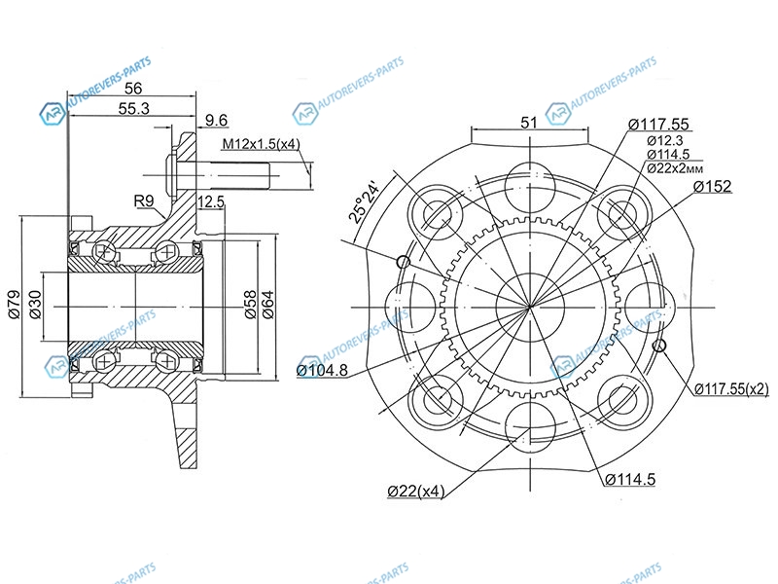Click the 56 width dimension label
(x=133, y=88)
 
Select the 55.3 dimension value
(x=133, y=108)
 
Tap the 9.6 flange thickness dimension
(x=216, y=120)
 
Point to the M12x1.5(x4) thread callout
(x=261, y=144)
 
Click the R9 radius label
(x=144, y=201)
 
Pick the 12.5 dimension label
(x=211, y=202)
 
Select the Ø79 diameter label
(x=14, y=305)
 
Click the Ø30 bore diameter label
(x=35, y=305)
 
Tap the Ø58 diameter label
(x=250, y=305)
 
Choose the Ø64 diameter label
(x=267, y=305)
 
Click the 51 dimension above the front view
(x=529, y=123)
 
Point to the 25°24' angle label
(x=364, y=203)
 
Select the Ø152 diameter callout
(x=713, y=186)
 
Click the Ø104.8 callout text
(x=322, y=370)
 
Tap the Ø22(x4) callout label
(x=416, y=492)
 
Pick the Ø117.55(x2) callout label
(x=731, y=388)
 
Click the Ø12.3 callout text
(x=665, y=140)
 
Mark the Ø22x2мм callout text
(x=675, y=167)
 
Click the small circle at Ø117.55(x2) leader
(x=658, y=346)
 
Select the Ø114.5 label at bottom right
(x=630, y=479)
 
